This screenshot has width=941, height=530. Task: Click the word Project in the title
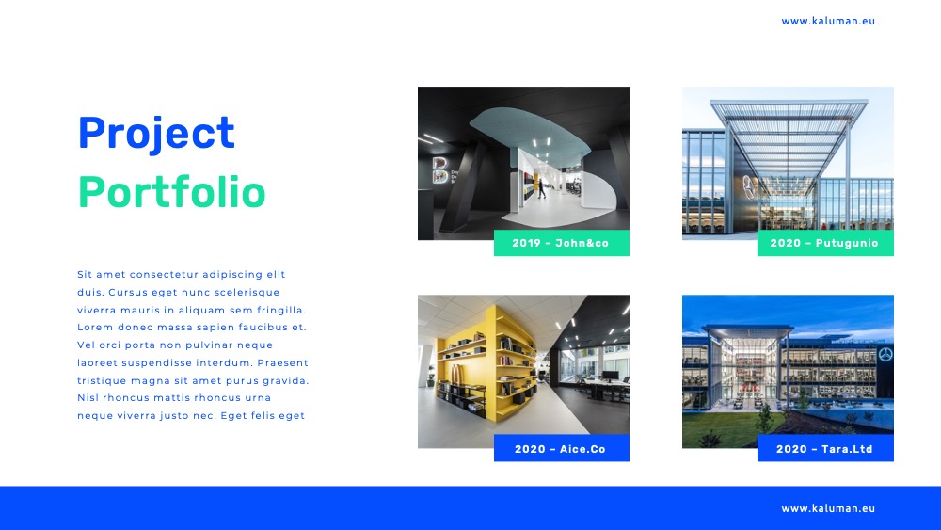pos(156,134)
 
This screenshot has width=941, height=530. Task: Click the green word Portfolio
pos(171,192)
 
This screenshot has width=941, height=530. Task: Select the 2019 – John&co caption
pos(561,243)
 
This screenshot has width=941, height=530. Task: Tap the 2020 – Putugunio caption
pos(824,243)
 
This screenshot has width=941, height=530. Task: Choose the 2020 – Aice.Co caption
pos(561,449)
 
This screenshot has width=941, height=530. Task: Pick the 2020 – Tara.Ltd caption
pos(824,449)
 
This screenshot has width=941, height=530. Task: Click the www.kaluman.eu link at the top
pos(828,21)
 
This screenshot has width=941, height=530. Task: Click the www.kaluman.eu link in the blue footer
pos(828,508)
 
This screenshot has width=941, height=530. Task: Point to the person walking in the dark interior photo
pos(541,188)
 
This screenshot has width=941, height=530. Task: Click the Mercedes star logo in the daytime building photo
pos(748,187)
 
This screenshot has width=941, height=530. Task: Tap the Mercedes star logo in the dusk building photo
pos(885,354)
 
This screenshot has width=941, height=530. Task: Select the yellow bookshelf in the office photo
pos(487,365)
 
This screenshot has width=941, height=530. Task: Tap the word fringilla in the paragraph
pos(281,311)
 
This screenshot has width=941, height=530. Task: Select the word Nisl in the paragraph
pos(87,397)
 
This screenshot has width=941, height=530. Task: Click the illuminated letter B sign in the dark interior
pos(439,169)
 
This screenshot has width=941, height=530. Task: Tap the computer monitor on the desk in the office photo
pos(611,376)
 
